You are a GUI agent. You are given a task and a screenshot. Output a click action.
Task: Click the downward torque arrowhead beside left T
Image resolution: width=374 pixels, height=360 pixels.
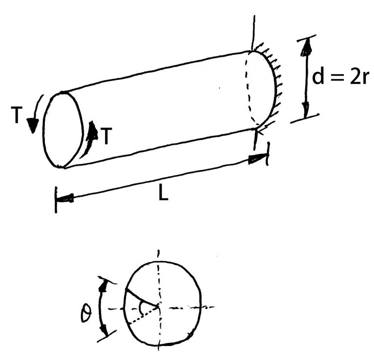point(32,127)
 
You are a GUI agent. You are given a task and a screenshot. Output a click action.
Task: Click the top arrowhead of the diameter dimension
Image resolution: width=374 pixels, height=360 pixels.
point(306,46)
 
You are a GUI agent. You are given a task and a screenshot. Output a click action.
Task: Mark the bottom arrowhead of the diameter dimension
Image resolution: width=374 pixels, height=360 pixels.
point(306,111)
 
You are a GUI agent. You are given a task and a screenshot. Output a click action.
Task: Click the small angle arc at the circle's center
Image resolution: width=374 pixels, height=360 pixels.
point(141,306)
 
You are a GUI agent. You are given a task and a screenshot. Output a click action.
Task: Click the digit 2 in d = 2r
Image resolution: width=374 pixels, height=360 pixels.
point(355,78)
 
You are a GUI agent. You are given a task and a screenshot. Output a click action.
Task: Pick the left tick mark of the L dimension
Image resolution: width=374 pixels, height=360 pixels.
point(57,200)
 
